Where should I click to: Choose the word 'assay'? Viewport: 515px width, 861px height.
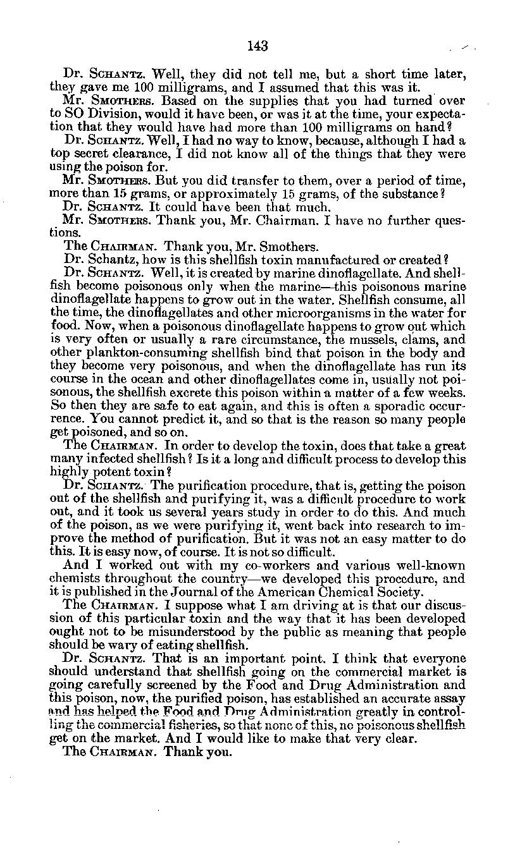coord(448,698)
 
